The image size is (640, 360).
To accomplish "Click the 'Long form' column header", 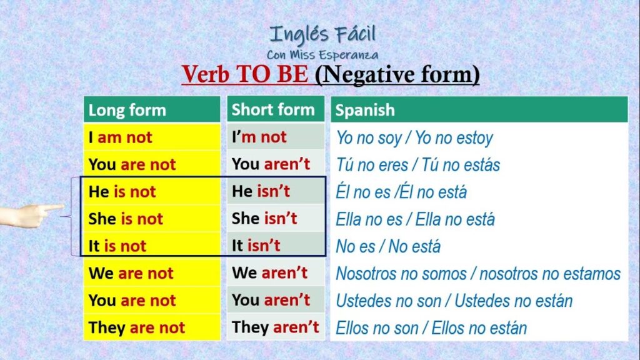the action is [152, 109].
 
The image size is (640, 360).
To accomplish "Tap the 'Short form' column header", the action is [276, 109].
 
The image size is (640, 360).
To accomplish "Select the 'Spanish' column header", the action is [479, 109].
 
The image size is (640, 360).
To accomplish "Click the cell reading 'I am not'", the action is [152, 137].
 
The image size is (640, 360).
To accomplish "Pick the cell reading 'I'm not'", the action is [276, 137].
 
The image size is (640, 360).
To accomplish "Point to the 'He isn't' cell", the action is [276, 191].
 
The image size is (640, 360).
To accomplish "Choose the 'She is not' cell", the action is [152, 219].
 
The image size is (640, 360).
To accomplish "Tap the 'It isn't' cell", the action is [276, 245].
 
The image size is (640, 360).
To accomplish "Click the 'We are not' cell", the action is [152, 273].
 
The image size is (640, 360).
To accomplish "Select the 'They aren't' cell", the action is [276, 327].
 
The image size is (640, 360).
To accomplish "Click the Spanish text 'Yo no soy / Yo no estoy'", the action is [414, 138].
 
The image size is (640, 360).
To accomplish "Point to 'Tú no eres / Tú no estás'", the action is [417, 165].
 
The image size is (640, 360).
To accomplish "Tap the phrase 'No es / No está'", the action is [388, 246].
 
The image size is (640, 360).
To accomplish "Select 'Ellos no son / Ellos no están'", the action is [431, 327].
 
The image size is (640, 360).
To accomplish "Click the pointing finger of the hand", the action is [52, 208].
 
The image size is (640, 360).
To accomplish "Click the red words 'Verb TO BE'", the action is [245, 74].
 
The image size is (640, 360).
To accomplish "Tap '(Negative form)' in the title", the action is [397, 75].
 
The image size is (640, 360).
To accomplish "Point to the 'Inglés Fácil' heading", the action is [322, 35].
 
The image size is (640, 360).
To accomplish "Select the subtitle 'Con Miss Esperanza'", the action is [322, 55].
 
